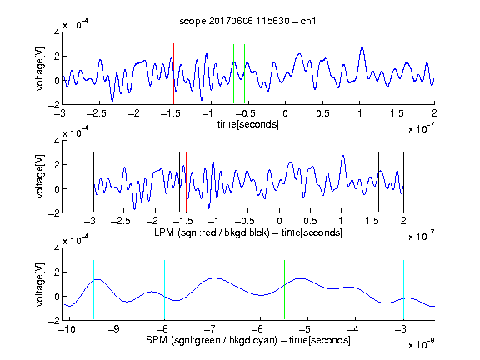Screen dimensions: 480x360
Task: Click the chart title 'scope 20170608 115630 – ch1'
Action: point(247,21)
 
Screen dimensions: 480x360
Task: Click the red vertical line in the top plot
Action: point(173,74)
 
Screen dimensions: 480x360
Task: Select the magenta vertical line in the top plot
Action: point(397,74)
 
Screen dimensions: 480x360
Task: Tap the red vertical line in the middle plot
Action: point(186,182)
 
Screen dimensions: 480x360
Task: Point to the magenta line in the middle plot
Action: point(372,182)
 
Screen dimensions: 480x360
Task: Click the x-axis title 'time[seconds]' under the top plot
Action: point(248,124)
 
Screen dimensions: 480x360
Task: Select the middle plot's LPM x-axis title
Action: point(248,232)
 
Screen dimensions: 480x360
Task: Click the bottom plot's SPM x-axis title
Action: point(248,340)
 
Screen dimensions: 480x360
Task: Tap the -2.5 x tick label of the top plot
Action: point(97,113)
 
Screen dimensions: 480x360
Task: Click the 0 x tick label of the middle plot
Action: point(279,221)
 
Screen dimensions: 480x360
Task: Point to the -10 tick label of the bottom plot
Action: point(67,329)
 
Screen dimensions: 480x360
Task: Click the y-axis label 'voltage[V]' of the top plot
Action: point(40,68)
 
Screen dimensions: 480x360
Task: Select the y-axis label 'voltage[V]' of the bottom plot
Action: point(40,284)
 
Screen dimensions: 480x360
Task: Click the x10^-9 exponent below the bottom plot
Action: point(422,344)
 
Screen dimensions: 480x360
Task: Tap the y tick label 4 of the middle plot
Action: point(57,141)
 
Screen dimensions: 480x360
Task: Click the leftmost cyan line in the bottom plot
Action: point(93,290)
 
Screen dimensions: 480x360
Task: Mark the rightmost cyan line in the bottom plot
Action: point(404,290)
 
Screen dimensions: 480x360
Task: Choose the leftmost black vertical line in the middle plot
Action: point(93,182)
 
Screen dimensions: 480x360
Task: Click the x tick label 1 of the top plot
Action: point(360,113)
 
